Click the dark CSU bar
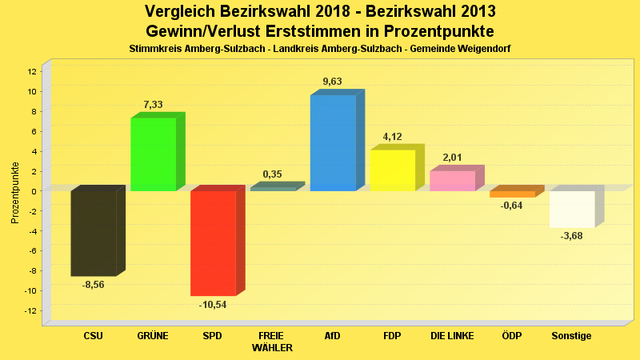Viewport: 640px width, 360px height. (94, 233)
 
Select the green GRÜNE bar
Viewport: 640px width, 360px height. (153, 154)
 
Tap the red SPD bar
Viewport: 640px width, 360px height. (213, 243)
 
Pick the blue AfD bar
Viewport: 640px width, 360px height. (333, 143)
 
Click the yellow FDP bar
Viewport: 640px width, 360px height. (392, 170)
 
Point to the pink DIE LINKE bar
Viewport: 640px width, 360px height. (452, 181)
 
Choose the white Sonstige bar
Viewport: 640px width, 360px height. (571, 209)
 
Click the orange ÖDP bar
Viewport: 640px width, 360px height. (512, 194)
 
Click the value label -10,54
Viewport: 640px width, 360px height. (213, 305)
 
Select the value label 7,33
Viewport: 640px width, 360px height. (154, 105)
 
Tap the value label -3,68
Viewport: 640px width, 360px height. (571, 236)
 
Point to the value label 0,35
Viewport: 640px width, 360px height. (273, 174)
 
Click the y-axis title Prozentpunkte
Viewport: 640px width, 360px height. (15, 192)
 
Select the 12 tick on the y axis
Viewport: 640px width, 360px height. (32, 71)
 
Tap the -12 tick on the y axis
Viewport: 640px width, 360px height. (30, 310)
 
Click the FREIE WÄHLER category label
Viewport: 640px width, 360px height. (273, 342)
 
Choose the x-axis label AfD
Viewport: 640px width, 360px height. (333, 336)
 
